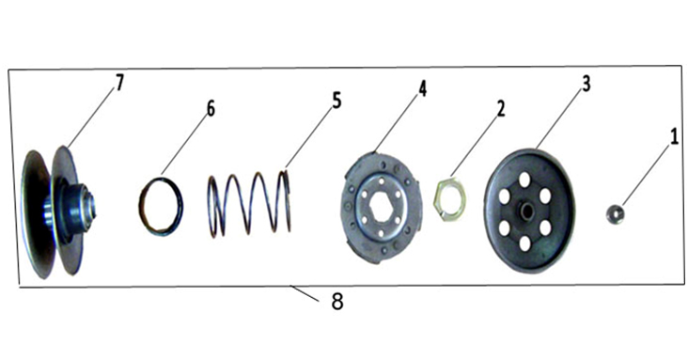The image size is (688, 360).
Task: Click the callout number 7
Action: click(119, 83)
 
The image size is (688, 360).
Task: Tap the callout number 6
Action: click(211, 108)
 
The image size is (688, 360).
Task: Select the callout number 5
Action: click(336, 101)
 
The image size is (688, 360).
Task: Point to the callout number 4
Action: click(422, 88)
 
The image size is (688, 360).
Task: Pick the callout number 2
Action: click(501, 108)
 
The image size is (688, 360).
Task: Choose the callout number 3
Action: click(586, 84)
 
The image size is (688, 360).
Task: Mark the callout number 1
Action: click(674, 137)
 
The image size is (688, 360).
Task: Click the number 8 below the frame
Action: click(337, 302)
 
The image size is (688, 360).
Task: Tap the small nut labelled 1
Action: click(616, 213)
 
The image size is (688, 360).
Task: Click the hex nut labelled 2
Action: click(450, 198)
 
